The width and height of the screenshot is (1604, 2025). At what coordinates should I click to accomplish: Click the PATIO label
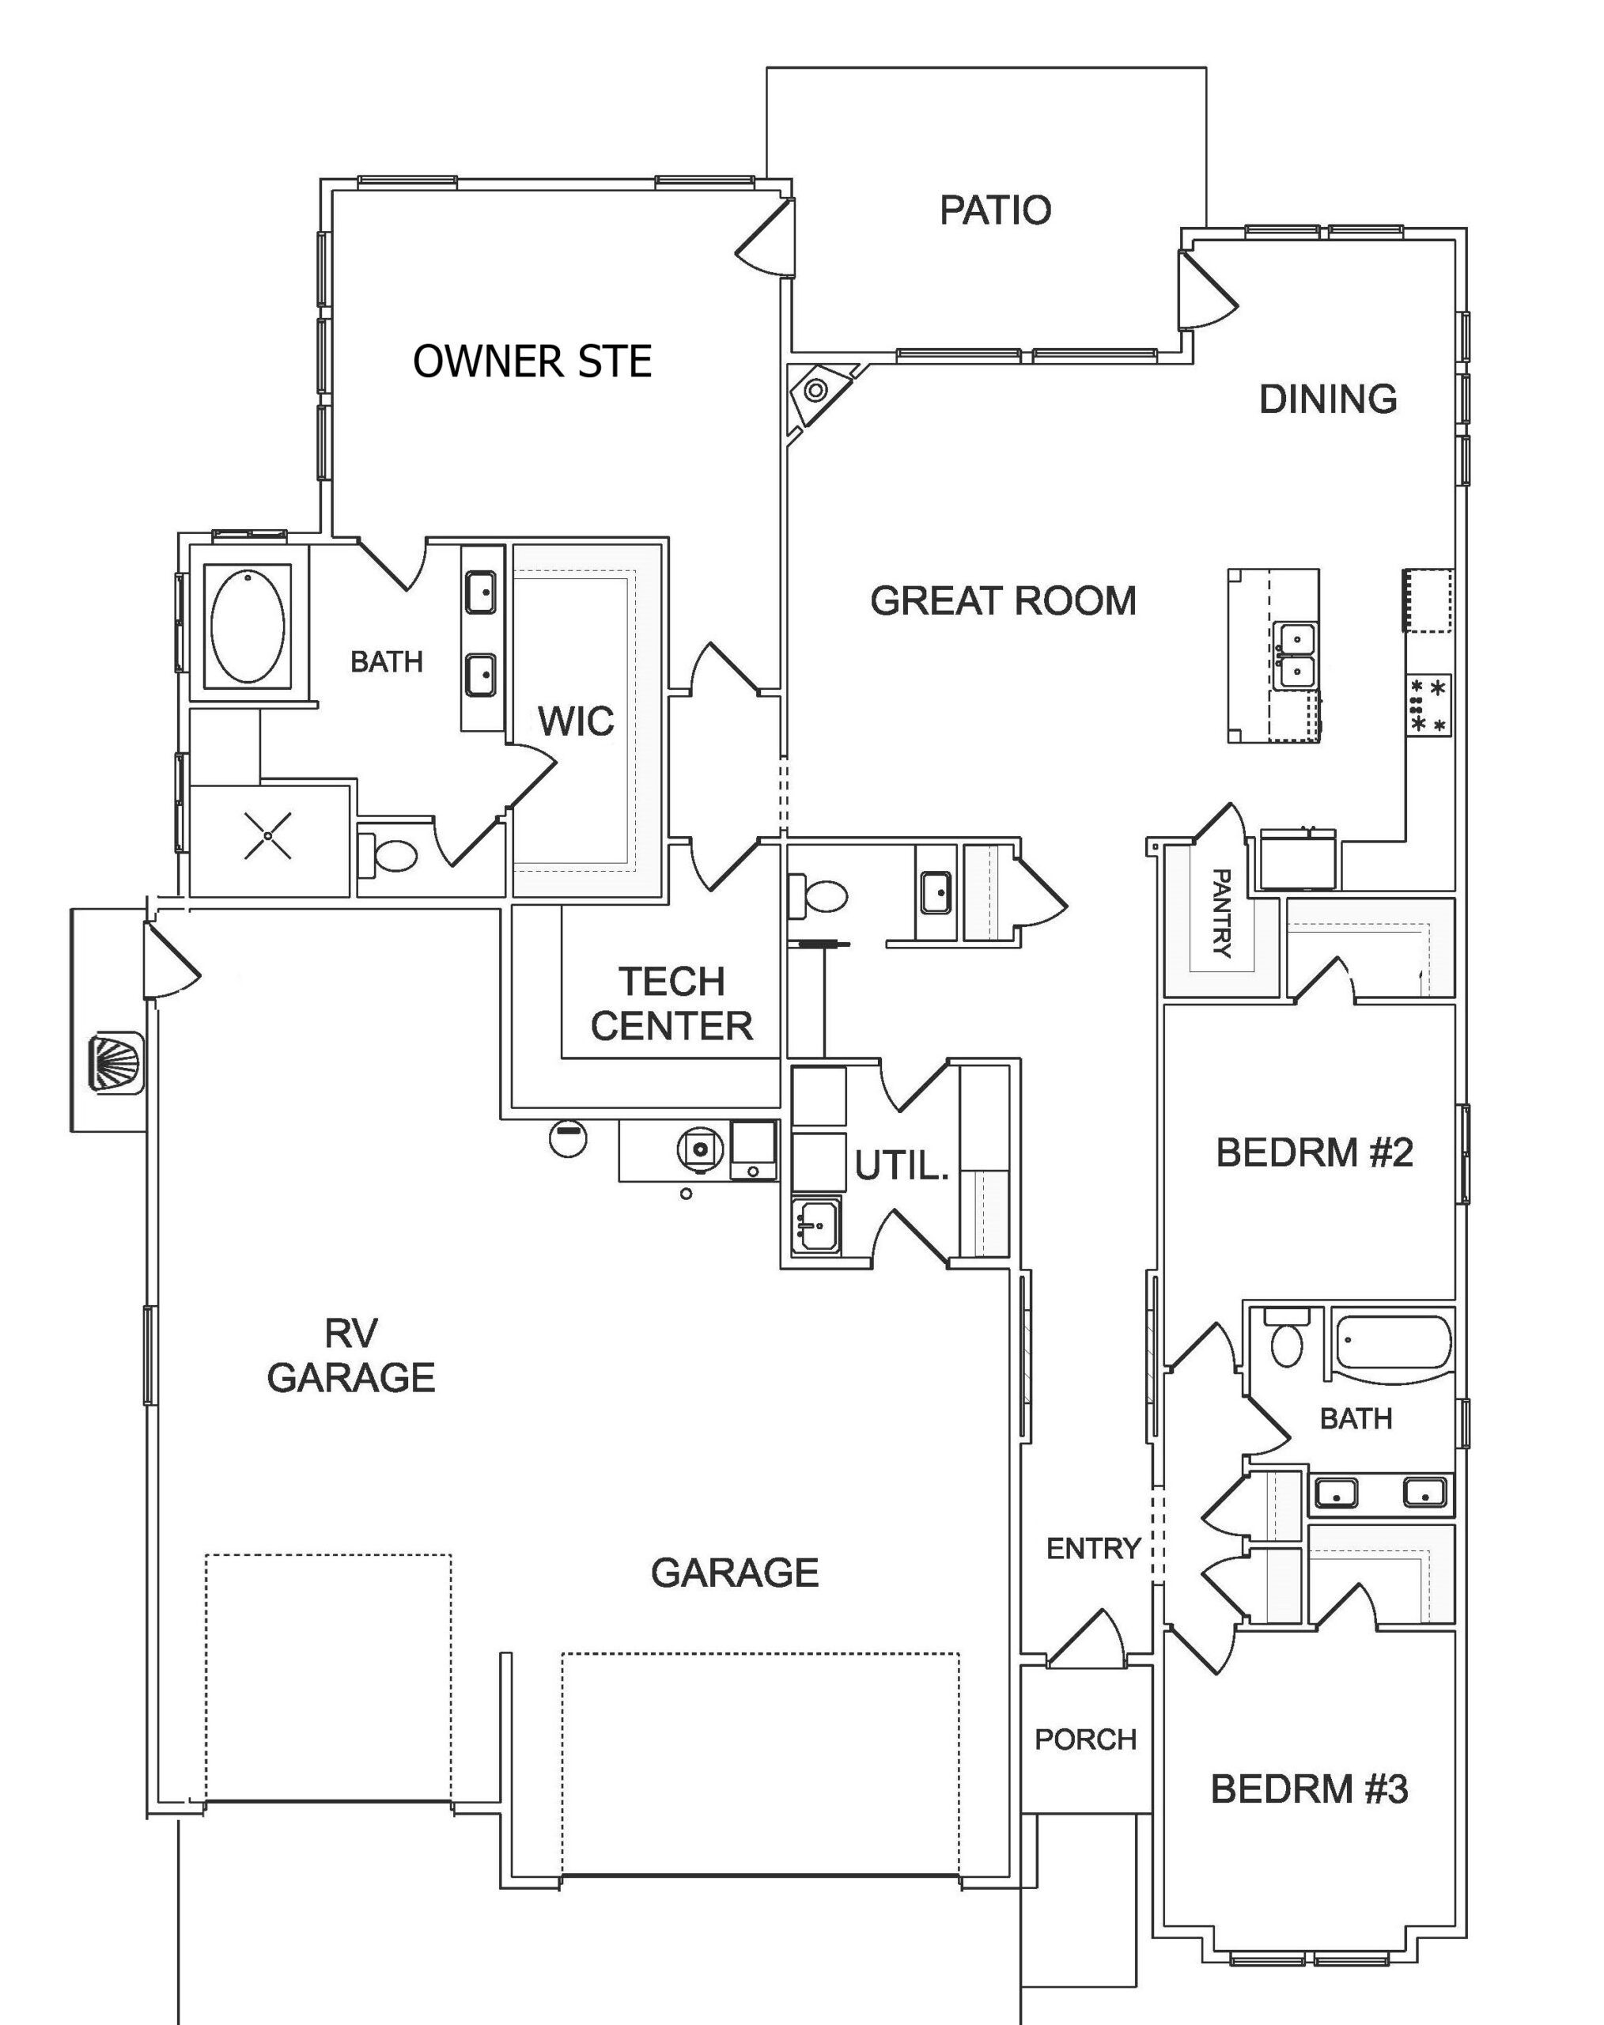[996, 210]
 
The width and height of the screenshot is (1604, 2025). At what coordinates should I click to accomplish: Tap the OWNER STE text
[532, 361]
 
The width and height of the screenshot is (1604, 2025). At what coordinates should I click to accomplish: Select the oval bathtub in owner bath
[248, 626]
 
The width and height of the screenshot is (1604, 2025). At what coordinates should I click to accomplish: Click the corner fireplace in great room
[815, 389]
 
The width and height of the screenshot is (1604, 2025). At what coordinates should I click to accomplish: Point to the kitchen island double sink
[1296, 655]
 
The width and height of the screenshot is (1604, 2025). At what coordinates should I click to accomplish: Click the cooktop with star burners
[1428, 706]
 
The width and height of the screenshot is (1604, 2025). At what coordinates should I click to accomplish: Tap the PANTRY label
[1221, 912]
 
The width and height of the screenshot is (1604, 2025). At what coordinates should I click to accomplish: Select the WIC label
[576, 721]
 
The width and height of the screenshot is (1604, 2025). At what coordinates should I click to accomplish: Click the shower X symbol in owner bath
[267, 836]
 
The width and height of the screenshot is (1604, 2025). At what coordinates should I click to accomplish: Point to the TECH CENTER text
[671, 1004]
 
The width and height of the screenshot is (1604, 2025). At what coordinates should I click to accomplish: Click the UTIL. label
[902, 1166]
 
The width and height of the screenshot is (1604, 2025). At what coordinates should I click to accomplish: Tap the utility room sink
[815, 1224]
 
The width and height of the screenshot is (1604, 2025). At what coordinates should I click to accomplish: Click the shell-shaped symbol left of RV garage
[115, 1062]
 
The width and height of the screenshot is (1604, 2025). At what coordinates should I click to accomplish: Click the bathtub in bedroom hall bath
[1393, 1343]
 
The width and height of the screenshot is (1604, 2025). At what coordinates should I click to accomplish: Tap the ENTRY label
[1093, 1548]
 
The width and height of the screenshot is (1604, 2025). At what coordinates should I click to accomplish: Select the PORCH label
[1086, 1739]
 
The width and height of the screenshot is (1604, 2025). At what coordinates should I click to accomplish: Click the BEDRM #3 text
[1309, 1789]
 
